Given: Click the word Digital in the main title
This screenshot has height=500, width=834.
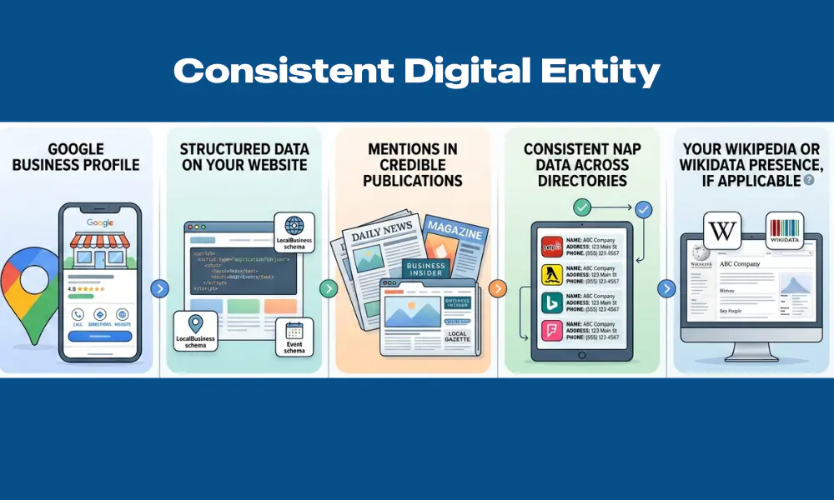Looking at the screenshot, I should pos(468,72).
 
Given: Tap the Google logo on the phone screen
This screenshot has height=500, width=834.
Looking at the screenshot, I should pos(100,222).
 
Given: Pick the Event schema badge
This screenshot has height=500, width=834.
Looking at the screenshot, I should pos(294,337).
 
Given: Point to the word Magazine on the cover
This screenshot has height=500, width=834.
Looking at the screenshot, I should pos(455,234).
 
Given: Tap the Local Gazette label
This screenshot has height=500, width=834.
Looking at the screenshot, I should pos(457,336).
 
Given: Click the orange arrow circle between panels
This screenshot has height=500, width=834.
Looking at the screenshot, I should pos(497,289).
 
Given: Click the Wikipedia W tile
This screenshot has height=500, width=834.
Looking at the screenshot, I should pos(722,230).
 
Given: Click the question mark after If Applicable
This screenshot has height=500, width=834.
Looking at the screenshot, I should pos(808,180).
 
